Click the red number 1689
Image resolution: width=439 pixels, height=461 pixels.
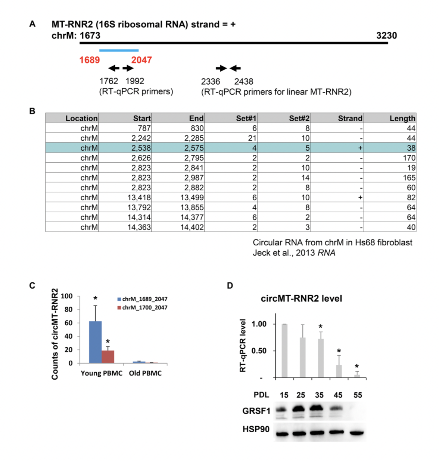click(89, 60)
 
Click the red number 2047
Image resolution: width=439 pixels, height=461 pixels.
click(141, 60)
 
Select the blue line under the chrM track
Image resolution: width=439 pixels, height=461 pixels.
click(119, 50)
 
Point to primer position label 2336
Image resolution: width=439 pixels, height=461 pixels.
click(211, 81)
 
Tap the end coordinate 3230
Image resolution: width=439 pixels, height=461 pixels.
click(386, 36)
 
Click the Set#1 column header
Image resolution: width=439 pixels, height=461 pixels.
click(246, 118)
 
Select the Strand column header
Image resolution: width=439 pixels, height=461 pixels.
click(350, 118)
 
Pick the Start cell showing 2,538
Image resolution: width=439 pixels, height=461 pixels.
click(141, 148)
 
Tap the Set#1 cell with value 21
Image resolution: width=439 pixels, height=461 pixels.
click(252, 138)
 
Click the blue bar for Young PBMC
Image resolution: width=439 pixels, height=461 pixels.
click(95, 342)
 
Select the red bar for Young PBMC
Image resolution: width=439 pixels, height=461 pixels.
click(108, 357)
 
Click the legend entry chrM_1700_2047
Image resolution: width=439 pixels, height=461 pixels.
click(144, 308)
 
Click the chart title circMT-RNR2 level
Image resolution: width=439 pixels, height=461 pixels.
click(301, 299)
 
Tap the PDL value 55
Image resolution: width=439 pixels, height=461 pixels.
click(357, 395)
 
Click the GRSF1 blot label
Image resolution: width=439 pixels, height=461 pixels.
click(256, 411)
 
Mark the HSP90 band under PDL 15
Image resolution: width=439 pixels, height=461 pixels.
click(284, 433)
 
